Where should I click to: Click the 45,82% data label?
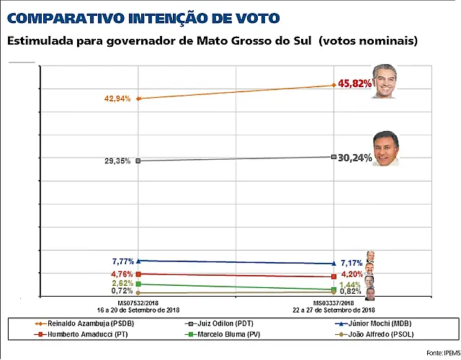(x=355, y=84)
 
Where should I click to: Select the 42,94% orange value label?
(x=117, y=99)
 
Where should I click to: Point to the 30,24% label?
(x=355, y=158)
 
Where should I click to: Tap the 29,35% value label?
(x=117, y=161)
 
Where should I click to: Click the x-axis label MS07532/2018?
(x=138, y=303)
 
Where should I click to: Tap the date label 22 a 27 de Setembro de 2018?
(x=334, y=310)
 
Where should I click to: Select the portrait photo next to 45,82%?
(x=384, y=81)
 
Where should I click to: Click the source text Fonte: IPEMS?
(x=444, y=353)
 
